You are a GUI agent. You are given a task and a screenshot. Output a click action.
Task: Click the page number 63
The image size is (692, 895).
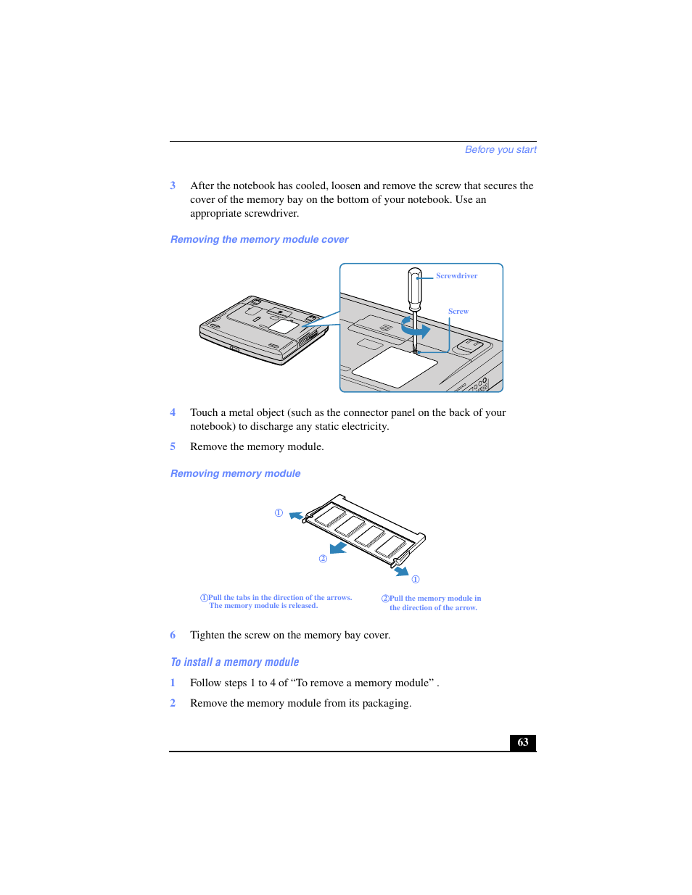522,742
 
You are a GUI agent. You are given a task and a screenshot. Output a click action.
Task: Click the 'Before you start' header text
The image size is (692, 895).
501,150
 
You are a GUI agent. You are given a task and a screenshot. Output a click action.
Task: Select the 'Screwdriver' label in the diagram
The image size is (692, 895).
456,276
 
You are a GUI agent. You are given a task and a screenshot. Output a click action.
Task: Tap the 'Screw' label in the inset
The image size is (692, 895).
458,312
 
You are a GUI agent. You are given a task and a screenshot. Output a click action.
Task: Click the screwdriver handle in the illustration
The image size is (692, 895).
415,288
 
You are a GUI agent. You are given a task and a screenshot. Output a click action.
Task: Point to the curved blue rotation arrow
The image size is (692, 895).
416,329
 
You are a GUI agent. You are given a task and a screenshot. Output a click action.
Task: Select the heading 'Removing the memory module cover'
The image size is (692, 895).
259,240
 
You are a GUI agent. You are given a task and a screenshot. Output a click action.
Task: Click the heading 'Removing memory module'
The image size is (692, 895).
235,474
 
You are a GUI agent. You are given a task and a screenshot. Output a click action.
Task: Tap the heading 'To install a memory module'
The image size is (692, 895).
234,662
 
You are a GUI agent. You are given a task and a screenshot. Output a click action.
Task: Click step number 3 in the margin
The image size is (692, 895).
173,186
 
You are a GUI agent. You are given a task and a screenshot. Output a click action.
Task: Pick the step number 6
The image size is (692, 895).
173,636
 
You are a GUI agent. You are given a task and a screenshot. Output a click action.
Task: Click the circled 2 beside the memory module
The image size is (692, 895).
323,559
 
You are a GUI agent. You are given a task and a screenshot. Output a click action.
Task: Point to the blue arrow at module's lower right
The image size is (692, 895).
401,572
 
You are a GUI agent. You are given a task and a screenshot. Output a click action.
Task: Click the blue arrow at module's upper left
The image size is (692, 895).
296,516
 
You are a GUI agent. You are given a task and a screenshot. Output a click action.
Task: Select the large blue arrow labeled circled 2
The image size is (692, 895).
338,547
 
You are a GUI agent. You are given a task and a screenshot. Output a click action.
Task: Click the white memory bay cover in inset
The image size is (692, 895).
395,366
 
